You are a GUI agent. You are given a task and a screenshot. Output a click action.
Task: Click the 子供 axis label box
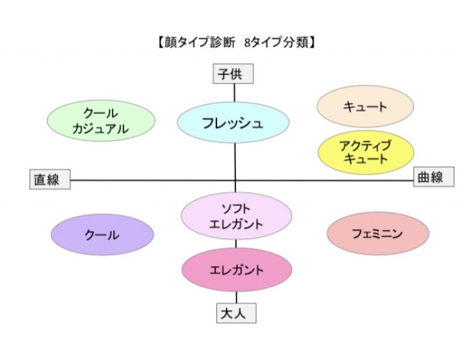click(233, 74)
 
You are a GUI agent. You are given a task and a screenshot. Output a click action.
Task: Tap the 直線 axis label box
click(50, 179)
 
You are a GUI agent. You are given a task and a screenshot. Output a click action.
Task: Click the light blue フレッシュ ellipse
click(233, 123)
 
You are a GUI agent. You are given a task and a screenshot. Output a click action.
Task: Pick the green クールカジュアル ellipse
click(101, 121)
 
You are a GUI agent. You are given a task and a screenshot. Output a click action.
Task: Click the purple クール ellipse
click(102, 235)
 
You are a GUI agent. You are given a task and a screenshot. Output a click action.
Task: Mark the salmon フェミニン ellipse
click(378, 233)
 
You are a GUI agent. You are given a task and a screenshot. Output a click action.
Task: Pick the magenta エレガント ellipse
click(237, 270)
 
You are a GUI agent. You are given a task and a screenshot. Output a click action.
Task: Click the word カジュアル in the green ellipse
click(101, 130)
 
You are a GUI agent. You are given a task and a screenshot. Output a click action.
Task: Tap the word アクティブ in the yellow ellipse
click(366, 146)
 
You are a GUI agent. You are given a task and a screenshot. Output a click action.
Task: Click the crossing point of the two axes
click(235, 181)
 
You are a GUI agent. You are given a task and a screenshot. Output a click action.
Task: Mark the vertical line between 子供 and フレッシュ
click(235, 93)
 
